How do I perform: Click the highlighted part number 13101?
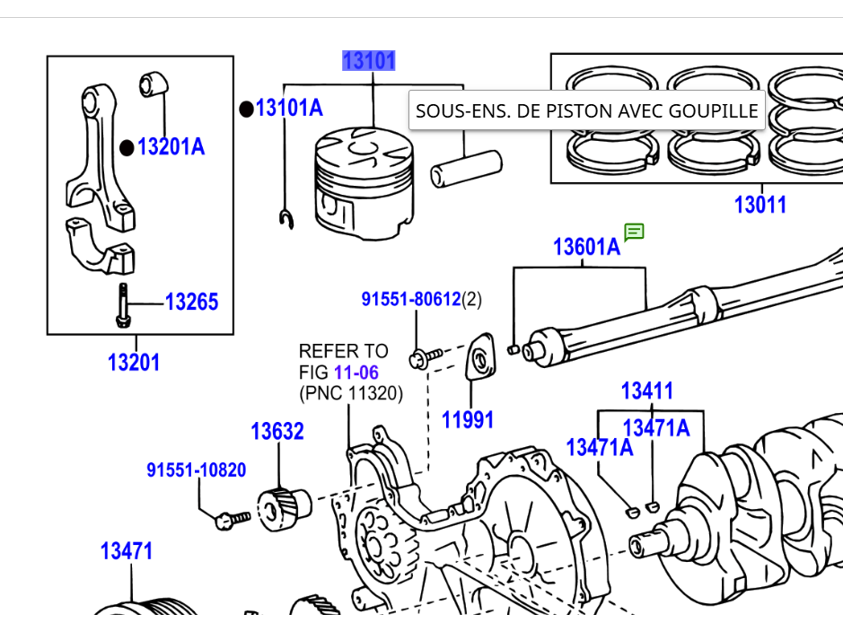[369, 61]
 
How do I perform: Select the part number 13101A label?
[289, 108]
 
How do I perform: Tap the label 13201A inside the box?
[171, 146]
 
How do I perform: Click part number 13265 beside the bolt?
[191, 302]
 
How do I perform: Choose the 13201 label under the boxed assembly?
[134, 362]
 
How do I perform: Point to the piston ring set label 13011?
[760, 205]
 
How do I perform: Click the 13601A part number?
[586, 247]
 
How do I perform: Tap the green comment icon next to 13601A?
[634, 233]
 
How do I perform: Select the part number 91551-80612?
[411, 299]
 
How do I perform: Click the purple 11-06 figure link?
[356, 373]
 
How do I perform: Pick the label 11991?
[468, 420]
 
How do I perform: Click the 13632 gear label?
[277, 432]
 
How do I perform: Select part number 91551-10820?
[197, 470]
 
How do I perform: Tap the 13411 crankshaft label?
[646, 391]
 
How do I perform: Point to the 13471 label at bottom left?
[127, 551]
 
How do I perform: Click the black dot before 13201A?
[127, 148]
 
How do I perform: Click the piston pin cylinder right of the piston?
[466, 169]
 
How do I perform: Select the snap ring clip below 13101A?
[286, 219]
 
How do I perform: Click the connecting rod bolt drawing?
[123, 305]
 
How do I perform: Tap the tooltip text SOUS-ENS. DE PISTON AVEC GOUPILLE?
[586, 110]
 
